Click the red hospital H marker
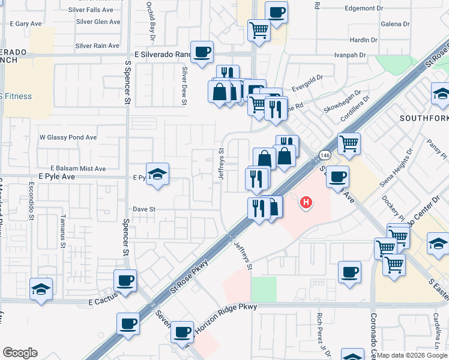point(307,203)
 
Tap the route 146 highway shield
point(324,155)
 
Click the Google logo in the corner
point(20,353)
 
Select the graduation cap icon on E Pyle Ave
point(158,175)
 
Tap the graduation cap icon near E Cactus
point(41,289)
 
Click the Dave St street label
point(144,209)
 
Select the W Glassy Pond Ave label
point(68,137)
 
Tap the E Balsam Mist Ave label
point(78,169)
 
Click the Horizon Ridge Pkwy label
point(224,307)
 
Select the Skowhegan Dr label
point(342,101)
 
